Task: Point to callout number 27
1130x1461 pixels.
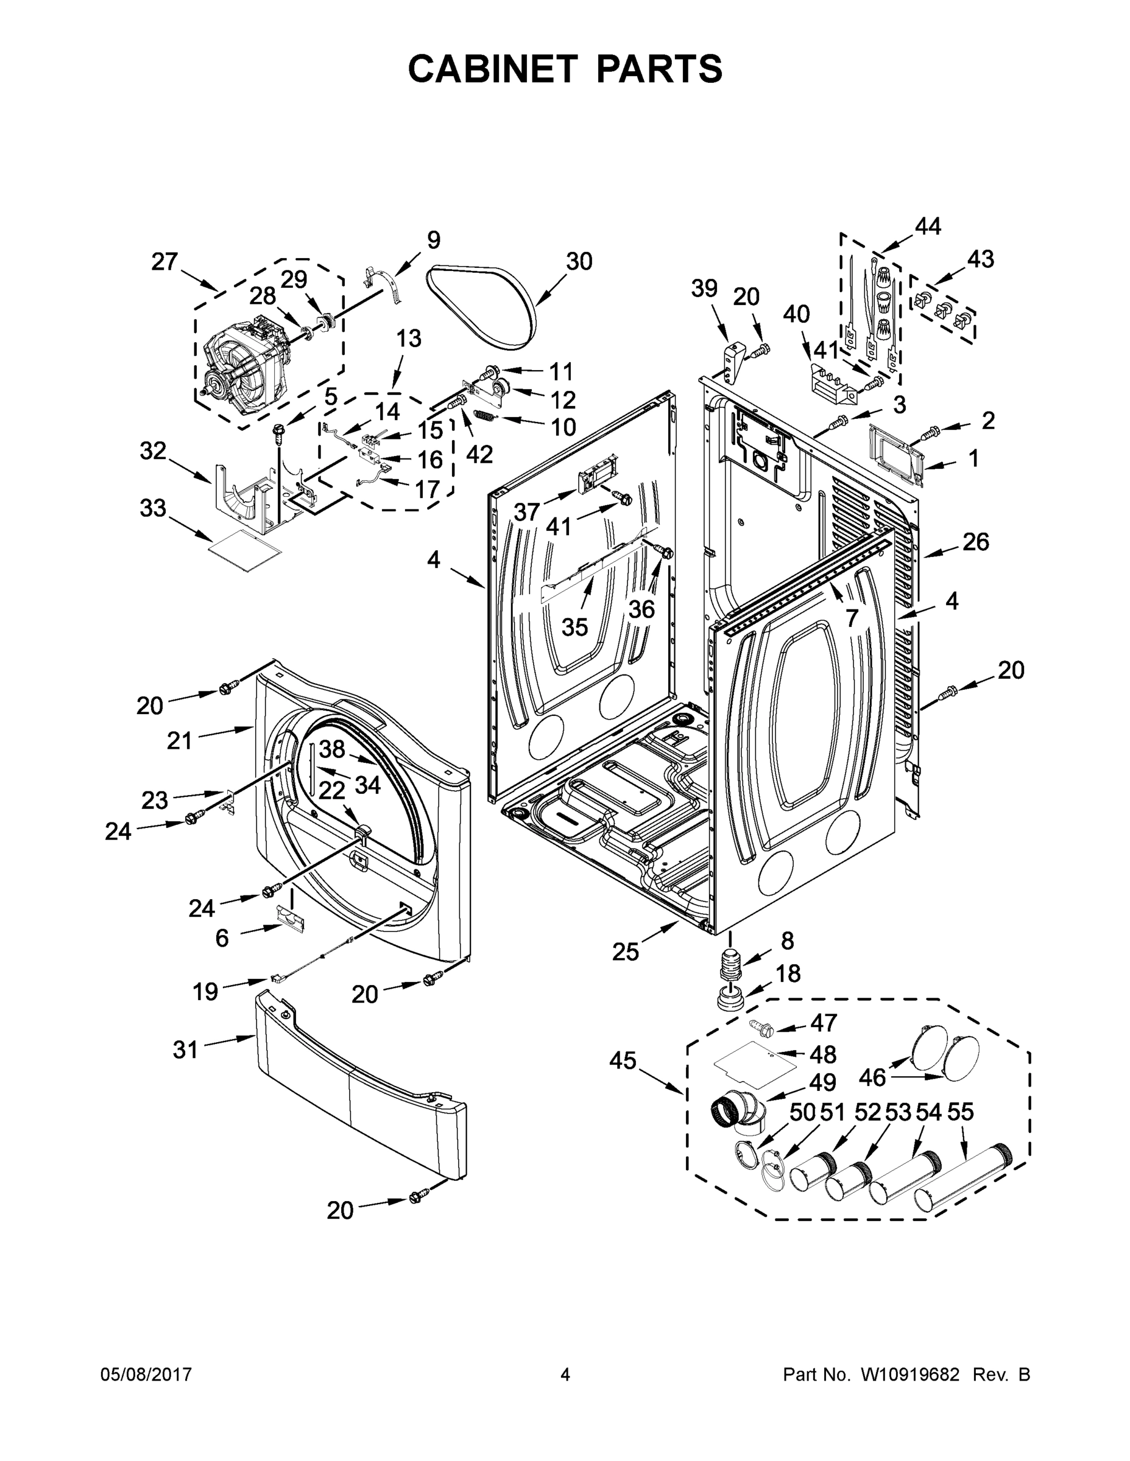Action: pyautogui.click(x=164, y=262)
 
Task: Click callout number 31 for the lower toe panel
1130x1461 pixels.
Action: pyautogui.click(x=185, y=1049)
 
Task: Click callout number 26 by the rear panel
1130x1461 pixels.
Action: pyautogui.click(x=975, y=542)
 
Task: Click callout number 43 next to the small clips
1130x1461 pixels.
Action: pyautogui.click(x=980, y=259)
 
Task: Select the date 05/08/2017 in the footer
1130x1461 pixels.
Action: pyautogui.click(x=146, y=1374)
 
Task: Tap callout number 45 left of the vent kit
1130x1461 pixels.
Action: pyautogui.click(x=623, y=1060)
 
